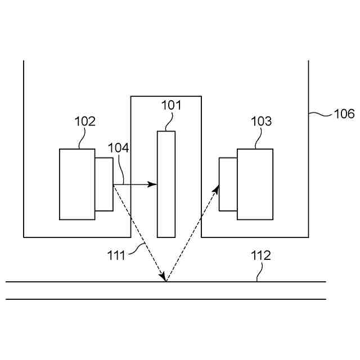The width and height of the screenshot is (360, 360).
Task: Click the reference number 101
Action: (x=172, y=105)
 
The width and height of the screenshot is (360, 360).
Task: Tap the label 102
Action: (x=85, y=121)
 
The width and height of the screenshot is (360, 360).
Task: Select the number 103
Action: (x=261, y=121)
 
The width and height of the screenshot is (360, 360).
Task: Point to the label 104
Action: (x=118, y=148)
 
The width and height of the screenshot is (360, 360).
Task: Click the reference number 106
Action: (x=344, y=114)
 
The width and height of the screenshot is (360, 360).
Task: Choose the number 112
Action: (x=260, y=255)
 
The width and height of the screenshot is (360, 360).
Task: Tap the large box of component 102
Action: (x=77, y=184)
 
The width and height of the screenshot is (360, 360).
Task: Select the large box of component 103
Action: (x=255, y=184)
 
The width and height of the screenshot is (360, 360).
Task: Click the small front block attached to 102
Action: (x=104, y=184)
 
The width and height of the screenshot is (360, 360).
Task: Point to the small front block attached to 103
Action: (x=228, y=184)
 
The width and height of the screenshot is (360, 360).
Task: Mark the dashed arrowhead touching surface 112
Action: (x=163, y=277)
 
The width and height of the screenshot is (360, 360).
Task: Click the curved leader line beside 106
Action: (x=320, y=114)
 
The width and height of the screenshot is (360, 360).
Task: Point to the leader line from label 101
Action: (x=169, y=121)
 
